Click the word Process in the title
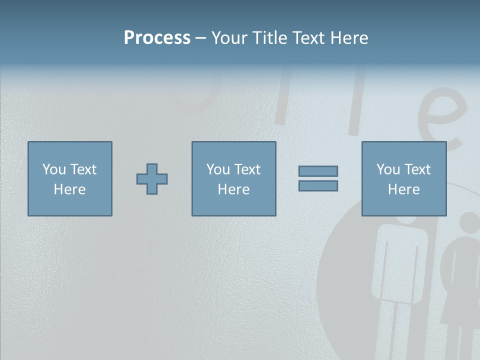[157, 38]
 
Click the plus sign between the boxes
[152, 178]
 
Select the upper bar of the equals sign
[318, 171]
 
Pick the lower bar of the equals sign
[318, 185]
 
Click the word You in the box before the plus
[54, 169]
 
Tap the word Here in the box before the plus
[69, 189]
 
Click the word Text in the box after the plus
[246, 169]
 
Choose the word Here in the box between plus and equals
[233, 189]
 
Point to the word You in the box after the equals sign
[388, 169]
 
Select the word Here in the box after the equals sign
[403, 189]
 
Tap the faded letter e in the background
[446, 120]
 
